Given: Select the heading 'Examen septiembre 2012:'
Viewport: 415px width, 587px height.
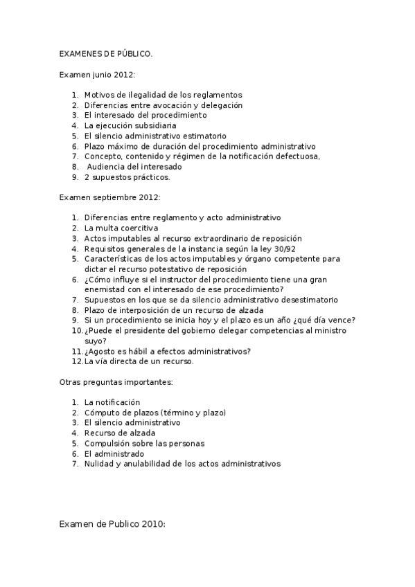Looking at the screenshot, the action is click(x=109, y=197).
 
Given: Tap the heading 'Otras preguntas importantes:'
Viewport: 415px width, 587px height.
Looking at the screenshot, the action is click(x=116, y=381).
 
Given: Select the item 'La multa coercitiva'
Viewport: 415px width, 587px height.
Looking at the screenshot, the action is click(x=121, y=228).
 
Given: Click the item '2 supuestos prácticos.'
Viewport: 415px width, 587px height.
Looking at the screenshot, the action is click(x=127, y=177).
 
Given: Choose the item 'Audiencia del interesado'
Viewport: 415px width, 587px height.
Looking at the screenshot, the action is click(x=134, y=167).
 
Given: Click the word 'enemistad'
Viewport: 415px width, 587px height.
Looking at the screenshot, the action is click(x=103, y=289).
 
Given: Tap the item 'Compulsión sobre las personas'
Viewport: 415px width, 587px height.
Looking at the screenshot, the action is click(x=144, y=443).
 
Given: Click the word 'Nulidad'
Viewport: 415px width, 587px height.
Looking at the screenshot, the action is click(x=98, y=464).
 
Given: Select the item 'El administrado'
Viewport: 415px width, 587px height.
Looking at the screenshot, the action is click(x=114, y=453).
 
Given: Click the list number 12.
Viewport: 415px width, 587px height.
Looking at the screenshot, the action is click(x=76, y=361).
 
